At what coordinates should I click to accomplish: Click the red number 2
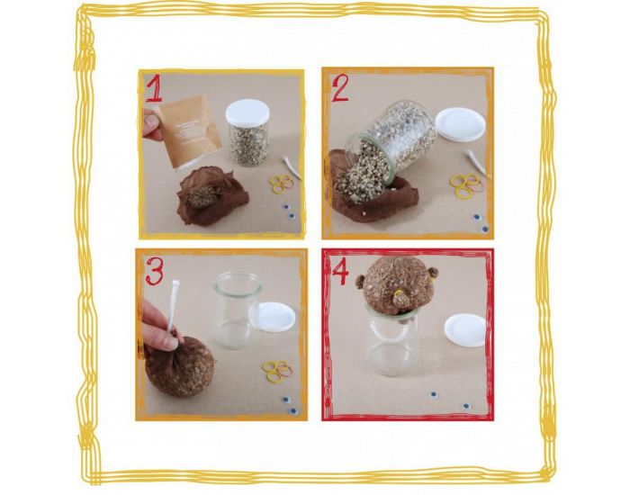coord(340,88)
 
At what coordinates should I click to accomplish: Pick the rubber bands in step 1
coord(281,184)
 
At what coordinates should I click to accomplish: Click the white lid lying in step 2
coord(460,123)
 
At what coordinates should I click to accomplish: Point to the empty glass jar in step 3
coord(237,311)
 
